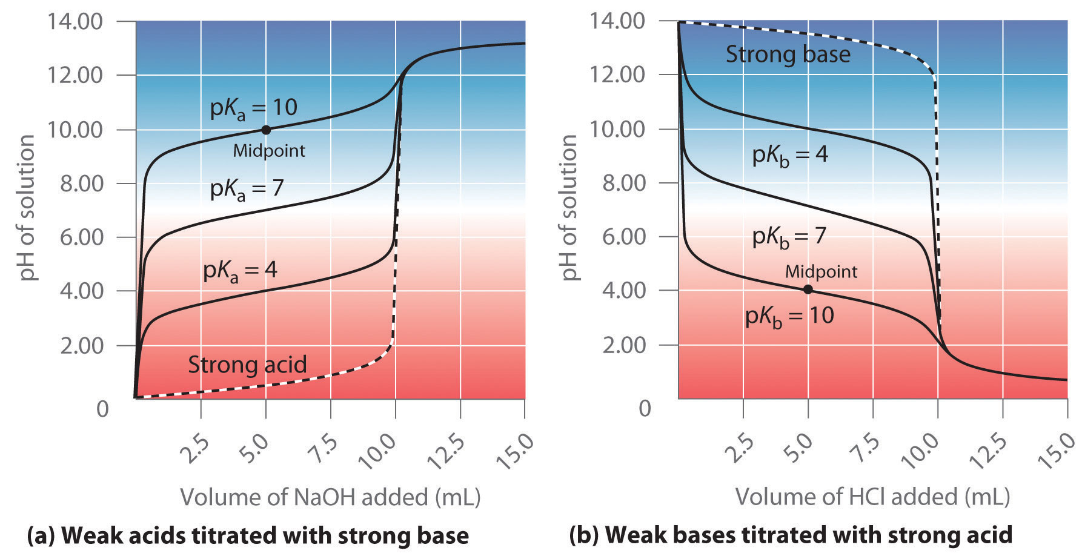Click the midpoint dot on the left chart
(x=265, y=130)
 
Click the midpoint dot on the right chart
(x=808, y=289)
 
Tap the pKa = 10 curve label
(x=253, y=108)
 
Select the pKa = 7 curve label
(x=247, y=189)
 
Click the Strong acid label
(x=247, y=365)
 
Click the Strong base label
(x=788, y=55)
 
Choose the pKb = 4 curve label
(x=789, y=155)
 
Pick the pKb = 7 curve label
(x=789, y=236)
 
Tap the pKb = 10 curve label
(x=789, y=316)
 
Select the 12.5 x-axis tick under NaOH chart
(x=446, y=452)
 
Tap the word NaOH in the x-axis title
(x=330, y=497)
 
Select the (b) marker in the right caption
(x=584, y=535)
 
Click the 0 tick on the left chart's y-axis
(x=103, y=409)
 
